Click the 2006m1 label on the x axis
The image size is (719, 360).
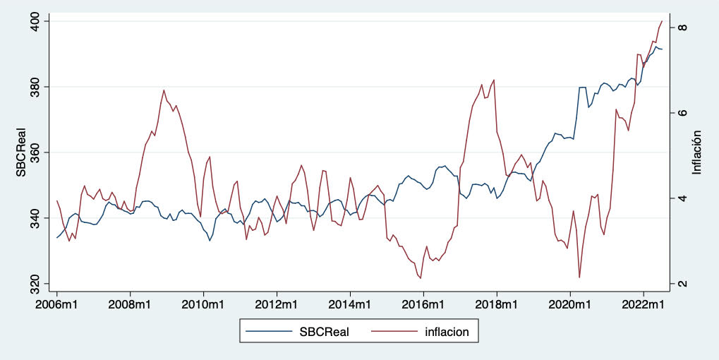pos(57,304)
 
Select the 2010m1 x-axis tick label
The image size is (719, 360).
pos(203,304)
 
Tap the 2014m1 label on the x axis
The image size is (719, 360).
pos(350,304)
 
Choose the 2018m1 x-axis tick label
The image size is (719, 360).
pos(497,304)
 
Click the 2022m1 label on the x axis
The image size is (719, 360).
pos(643,304)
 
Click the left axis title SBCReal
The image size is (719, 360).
pos(22,152)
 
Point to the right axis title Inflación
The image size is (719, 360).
pos(696,152)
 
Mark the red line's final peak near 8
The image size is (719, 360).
pos(662,21)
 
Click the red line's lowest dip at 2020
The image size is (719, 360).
pos(579,277)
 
